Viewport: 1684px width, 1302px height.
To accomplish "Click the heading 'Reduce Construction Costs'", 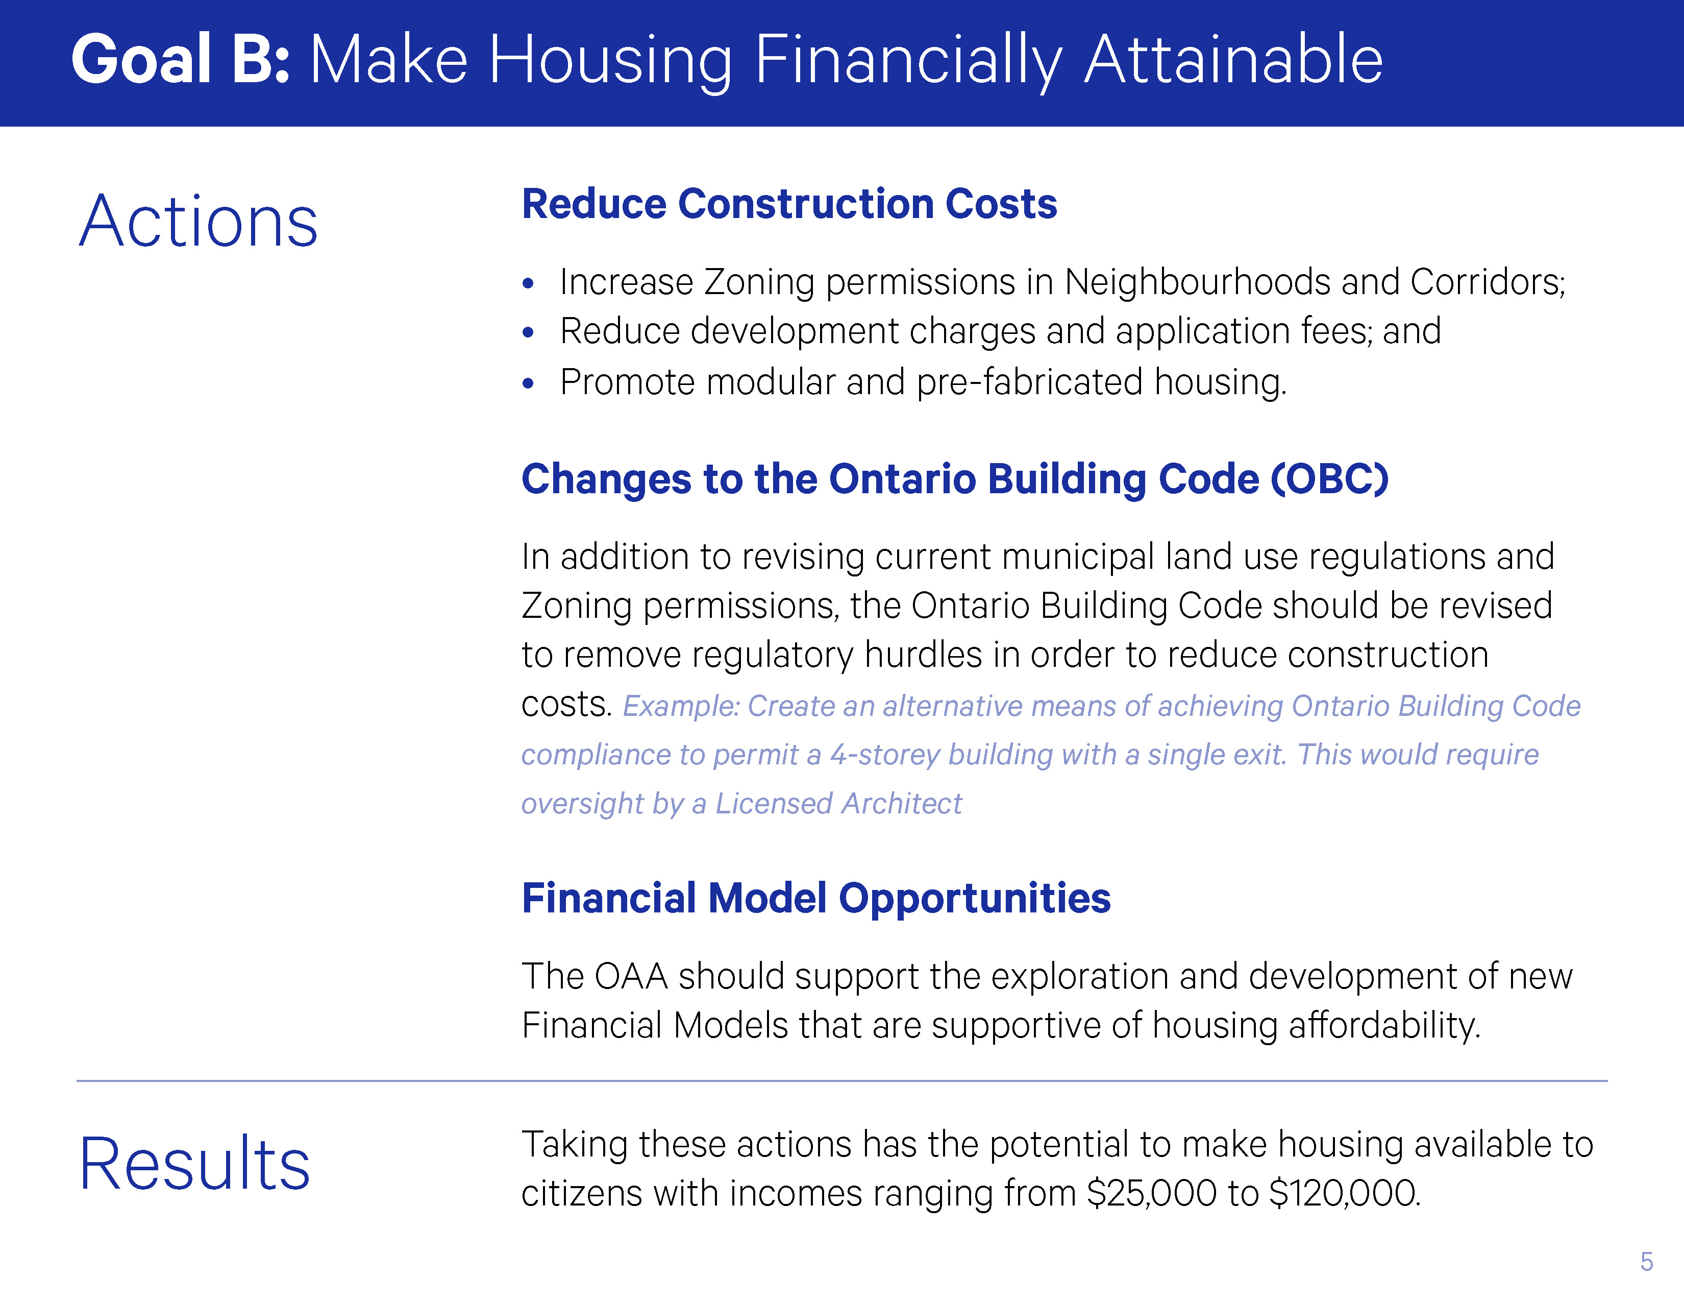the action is [789, 204].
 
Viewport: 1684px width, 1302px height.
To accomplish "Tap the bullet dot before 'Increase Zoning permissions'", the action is [528, 284].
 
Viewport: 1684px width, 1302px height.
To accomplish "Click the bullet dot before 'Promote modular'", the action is [528, 383].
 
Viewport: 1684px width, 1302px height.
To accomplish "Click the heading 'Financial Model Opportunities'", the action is [816, 899].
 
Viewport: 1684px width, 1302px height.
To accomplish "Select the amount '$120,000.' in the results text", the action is [1345, 1193].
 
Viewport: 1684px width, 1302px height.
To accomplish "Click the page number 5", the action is [1646, 1262].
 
